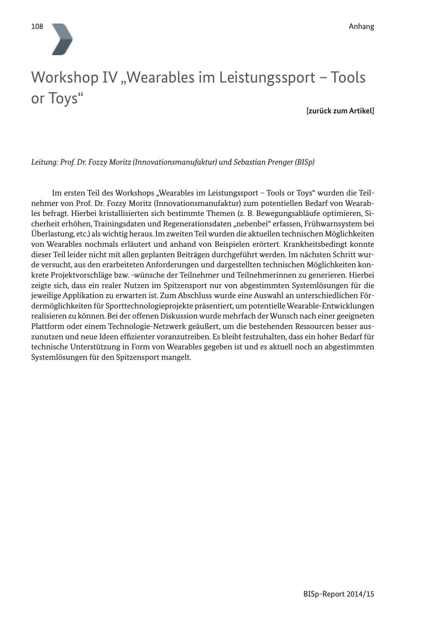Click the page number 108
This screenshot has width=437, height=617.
coord(37,27)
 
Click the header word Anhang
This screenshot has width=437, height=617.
coord(361,27)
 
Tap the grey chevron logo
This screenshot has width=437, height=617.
coord(62,39)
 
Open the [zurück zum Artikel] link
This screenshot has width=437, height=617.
coord(340,111)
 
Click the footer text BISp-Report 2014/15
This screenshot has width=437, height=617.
coord(339,594)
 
